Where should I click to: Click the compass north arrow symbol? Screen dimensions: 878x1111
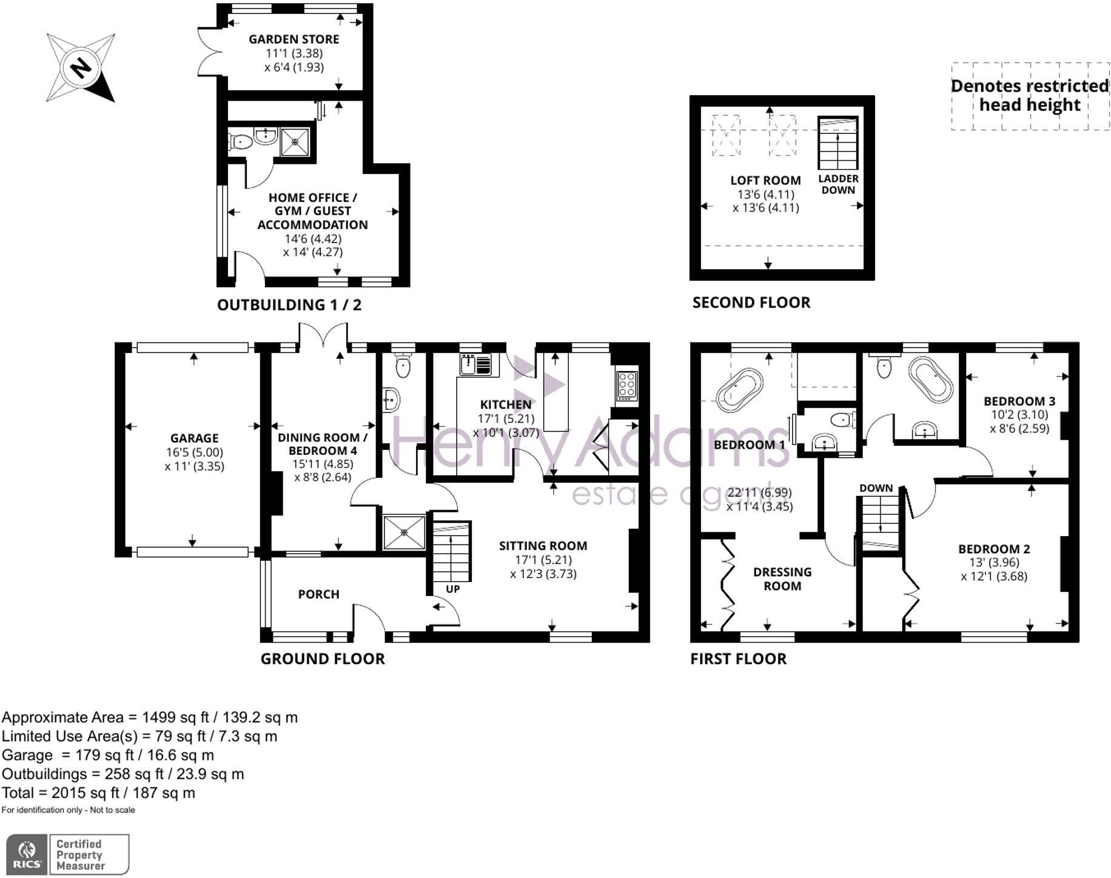click(x=81, y=67)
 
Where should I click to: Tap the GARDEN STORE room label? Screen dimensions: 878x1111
click(x=294, y=39)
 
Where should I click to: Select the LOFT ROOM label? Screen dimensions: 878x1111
click(x=765, y=180)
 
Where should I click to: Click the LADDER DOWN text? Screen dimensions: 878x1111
click(x=838, y=184)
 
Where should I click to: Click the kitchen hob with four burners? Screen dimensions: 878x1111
click(x=626, y=384)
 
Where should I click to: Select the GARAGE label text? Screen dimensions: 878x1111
click(x=194, y=438)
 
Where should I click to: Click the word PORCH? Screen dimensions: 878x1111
click(x=318, y=594)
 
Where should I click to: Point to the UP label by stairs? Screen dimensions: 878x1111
click(x=452, y=589)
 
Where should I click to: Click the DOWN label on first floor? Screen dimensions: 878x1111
click(x=876, y=488)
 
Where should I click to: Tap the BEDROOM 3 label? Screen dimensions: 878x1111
click(x=1019, y=401)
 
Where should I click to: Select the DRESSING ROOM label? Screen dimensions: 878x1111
click(x=782, y=579)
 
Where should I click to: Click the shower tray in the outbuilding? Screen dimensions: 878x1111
click(x=296, y=141)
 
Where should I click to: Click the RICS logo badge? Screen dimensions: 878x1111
click(x=24, y=854)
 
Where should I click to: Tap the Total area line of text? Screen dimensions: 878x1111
click(x=98, y=793)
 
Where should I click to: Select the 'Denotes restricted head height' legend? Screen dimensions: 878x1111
click(x=1029, y=96)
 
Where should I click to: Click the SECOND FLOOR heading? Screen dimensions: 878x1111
click(x=751, y=303)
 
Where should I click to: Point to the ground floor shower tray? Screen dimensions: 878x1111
click(x=404, y=532)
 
